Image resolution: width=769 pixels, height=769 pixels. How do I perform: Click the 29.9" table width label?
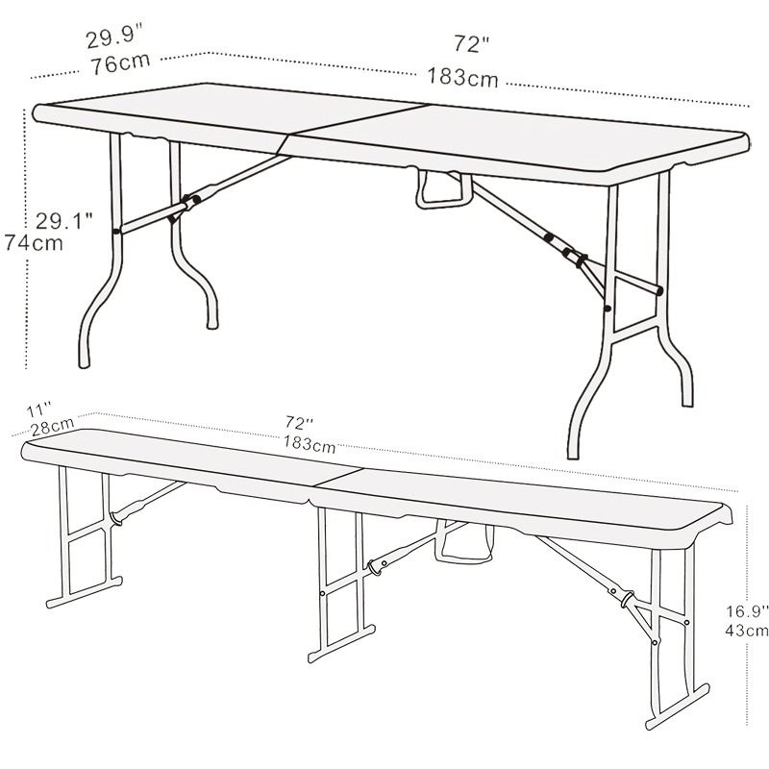point(114,37)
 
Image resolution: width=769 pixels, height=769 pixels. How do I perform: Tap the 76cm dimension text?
point(120,63)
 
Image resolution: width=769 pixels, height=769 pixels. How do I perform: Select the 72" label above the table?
point(471,43)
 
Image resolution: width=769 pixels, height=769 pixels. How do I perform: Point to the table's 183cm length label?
point(462,77)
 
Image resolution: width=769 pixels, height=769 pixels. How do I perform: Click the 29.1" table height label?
point(63,221)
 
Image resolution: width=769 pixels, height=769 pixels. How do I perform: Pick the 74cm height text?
point(34,243)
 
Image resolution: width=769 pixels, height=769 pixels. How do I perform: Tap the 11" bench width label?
point(39,409)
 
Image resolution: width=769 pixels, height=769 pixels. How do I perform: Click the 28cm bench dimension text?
point(53,427)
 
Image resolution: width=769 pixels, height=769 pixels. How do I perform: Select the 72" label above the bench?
point(299,422)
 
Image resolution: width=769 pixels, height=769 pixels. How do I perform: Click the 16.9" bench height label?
point(747,611)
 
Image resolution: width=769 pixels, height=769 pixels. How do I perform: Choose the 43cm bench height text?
point(747,630)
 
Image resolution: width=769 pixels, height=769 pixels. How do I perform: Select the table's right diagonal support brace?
point(564,236)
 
